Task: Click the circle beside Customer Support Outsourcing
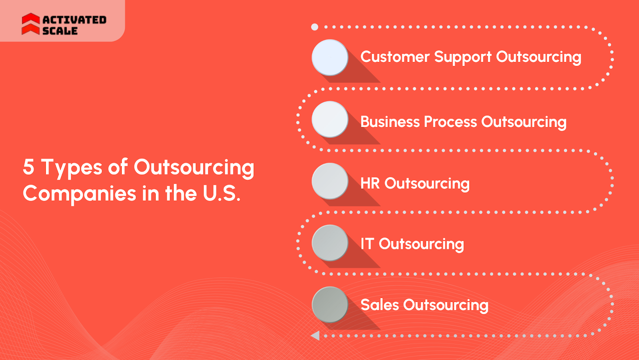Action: tap(330, 58)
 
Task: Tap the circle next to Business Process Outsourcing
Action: tap(330, 119)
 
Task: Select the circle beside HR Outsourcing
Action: tap(330, 181)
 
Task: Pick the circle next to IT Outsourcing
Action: tap(330, 243)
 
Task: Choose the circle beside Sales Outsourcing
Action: tap(330, 304)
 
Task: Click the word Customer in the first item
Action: tap(395, 57)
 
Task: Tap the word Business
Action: tap(389, 122)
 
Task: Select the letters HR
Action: tap(370, 183)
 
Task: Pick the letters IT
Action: tap(367, 244)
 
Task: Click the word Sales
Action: tap(379, 305)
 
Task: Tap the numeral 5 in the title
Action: tap(28, 167)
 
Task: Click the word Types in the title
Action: tap(72, 168)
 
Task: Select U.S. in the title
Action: tap(221, 193)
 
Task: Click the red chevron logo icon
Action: tap(31, 24)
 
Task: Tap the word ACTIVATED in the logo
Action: tap(74, 20)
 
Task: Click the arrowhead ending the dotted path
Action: tap(316, 336)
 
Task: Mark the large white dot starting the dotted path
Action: tap(315, 27)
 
